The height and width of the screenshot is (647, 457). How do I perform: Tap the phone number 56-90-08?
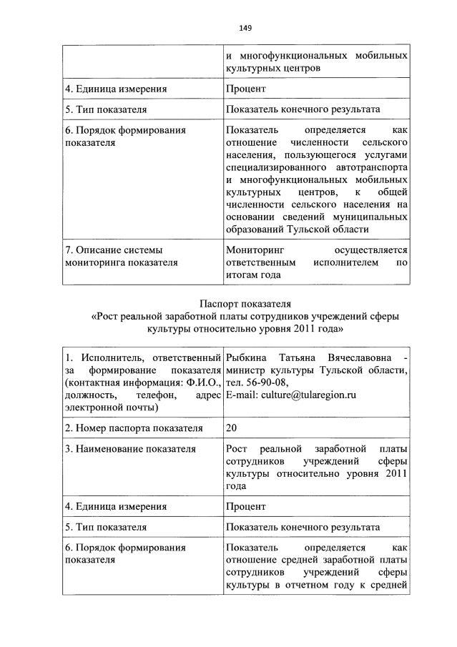point(267,382)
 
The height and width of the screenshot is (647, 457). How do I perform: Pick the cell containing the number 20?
point(231,428)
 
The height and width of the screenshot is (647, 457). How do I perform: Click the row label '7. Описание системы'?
point(113,250)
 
